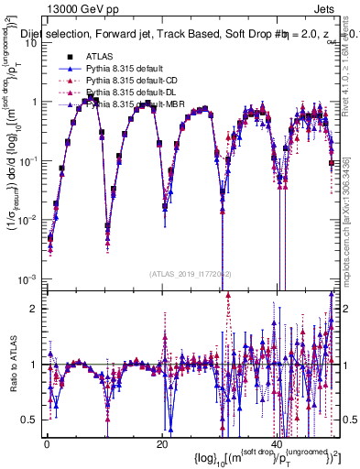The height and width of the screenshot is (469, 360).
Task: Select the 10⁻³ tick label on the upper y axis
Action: (x=27, y=278)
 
